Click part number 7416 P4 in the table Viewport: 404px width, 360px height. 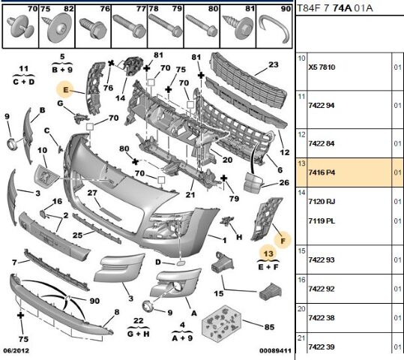pyautogui.click(x=322, y=172)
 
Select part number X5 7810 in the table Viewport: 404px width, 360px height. pyautogui.click(x=322, y=67)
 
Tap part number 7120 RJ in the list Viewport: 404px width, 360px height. pyautogui.click(x=322, y=202)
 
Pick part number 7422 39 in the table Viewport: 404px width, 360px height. pyautogui.click(x=322, y=346)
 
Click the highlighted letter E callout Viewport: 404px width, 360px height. pyautogui.click(x=66, y=90)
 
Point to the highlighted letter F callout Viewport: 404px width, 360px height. pyautogui.click(x=283, y=241)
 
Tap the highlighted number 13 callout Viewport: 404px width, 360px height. pyautogui.click(x=268, y=253)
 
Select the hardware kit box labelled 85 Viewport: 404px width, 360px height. pyautogui.click(x=221, y=324)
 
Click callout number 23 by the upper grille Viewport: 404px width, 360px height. pyautogui.click(x=274, y=64)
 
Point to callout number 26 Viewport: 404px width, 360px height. pyautogui.click(x=284, y=182)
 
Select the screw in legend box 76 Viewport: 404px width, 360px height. pyautogui.click(x=93, y=28)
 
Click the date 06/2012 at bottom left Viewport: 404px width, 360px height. pyautogui.click(x=16, y=351)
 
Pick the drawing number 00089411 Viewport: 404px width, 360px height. pyautogui.click(x=275, y=351)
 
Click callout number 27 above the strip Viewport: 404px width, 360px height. pyautogui.click(x=92, y=193)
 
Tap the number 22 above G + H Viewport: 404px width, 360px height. pyautogui.click(x=139, y=321)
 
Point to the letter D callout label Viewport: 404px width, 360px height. pyautogui.click(x=158, y=262)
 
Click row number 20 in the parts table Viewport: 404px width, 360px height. pyautogui.click(x=301, y=309)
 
